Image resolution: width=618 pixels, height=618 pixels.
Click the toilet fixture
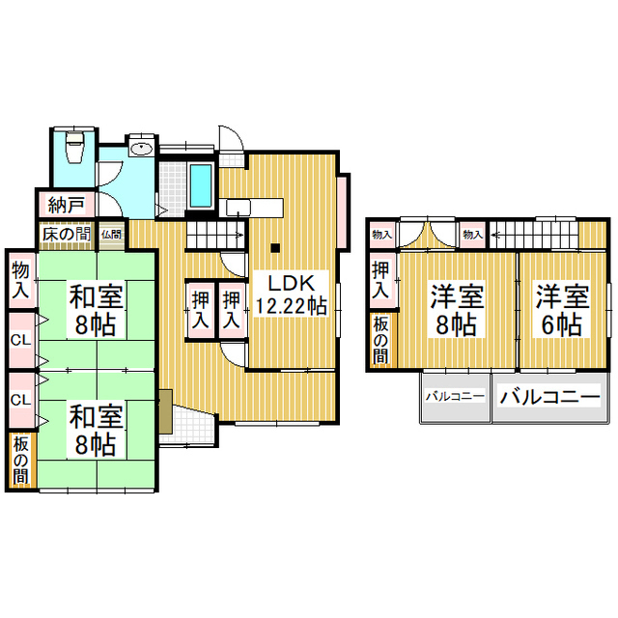(x=75, y=147)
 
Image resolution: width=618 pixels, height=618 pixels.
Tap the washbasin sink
(x=142, y=149)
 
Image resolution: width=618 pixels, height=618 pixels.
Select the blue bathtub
(x=201, y=185)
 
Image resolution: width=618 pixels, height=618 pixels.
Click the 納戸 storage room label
(x=67, y=205)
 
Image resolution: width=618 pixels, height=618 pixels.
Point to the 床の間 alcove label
(x=67, y=235)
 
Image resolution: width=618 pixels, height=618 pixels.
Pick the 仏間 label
(x=112, y=235)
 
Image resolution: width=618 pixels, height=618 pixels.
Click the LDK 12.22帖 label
(x=292, y=295)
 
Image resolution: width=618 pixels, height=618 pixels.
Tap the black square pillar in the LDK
(x=275, y=248)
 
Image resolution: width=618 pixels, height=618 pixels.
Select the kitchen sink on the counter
(x=239, y=208)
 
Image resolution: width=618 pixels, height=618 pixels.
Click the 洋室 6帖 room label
(x=562, y=311)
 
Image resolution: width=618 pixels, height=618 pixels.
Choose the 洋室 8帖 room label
(x=457, y=311)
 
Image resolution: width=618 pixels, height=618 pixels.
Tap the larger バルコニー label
(x=549, y=397)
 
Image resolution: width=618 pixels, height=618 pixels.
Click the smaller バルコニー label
(x=455, y=396)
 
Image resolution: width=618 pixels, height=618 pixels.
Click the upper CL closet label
(x=21, y=340)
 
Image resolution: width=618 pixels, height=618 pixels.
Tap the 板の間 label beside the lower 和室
(x=21, y=461)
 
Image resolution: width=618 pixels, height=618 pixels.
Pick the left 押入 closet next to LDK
(x=200, y=311)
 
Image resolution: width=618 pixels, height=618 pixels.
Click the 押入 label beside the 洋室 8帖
(x=380, y=280)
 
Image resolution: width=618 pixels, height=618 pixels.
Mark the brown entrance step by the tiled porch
(x=166, y=411)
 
